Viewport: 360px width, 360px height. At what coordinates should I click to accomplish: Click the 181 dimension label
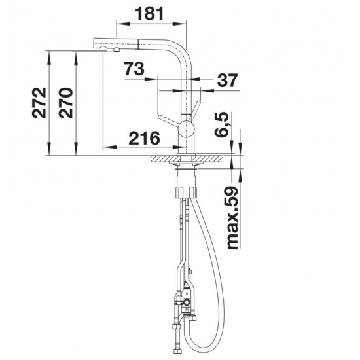pos(149,13)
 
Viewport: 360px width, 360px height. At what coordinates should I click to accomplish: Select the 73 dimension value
pos(135,69)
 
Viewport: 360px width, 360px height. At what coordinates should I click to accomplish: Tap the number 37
pos(227,81)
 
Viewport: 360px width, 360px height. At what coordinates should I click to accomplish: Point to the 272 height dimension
pos(39,103)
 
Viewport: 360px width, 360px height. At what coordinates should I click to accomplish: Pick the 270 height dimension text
pos(65,103)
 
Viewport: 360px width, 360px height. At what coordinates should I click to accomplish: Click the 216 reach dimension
pos(144,138)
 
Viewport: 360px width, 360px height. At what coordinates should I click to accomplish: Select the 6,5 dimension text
pos(222,124)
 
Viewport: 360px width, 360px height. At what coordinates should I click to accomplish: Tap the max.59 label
pos(232,218)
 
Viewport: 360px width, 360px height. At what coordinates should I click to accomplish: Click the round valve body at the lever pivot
pos(187,130)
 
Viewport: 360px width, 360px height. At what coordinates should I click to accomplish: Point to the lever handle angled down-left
pos(168,121)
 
